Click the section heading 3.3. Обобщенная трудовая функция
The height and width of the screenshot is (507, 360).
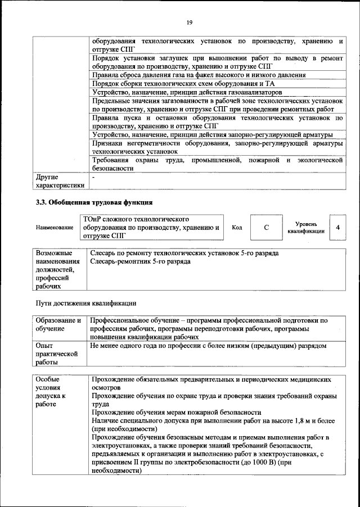point(94,202)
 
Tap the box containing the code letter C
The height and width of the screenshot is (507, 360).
point(266,228)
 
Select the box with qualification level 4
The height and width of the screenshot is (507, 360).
point(337,228)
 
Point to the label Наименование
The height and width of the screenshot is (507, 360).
point(55,228)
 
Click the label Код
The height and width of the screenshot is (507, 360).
point(237,228)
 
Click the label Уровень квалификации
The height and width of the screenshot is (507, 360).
point(305,228)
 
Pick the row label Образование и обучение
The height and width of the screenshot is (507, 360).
point(58,324)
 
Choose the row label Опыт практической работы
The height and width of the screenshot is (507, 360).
point(56,355)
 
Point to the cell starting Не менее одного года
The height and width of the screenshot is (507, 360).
point(208,346)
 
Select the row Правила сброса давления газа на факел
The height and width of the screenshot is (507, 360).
point(199,74)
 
